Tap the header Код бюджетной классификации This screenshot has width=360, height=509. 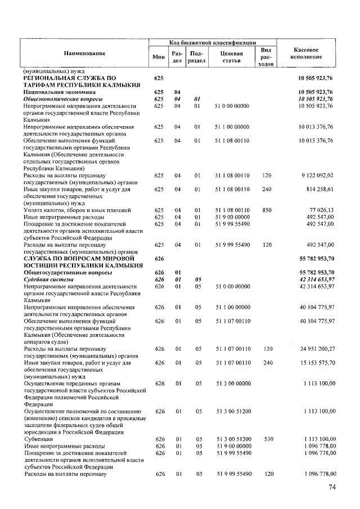pos(213,43)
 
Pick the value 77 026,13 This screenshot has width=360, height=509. pos(321,210)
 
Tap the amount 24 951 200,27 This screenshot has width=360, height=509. pos(316,349)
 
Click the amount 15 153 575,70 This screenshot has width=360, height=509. pos(316,363)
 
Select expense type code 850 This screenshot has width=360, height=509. pos(267,210)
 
